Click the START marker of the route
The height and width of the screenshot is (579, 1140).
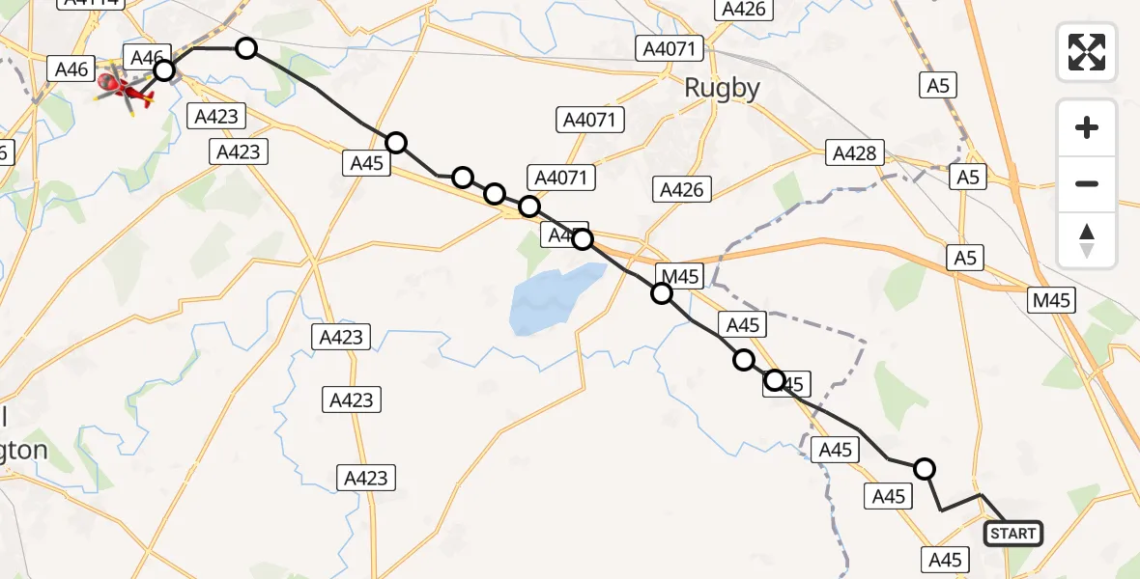[x=1012, y=533]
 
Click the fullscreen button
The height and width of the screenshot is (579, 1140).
[x=1087, y=51]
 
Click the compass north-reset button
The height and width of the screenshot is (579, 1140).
[x=1087, y=240]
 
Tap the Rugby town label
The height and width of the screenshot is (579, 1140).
[x=722, y=88]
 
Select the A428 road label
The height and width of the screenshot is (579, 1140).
[x=854, y=152]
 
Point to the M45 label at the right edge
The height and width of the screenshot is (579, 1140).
[x=1052, y=300]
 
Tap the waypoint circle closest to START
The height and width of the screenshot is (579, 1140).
[x=925, y=469]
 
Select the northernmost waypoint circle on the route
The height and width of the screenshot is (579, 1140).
[x=246, y=48]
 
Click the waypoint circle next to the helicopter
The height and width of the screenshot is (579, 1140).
[x=164, y=69]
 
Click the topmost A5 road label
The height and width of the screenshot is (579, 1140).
[x=938, y=85]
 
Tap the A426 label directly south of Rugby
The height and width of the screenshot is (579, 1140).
[x=681, y=189]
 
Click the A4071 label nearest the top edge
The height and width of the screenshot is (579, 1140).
[x=674, y=47]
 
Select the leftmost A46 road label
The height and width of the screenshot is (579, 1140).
[x=72, y=69]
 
